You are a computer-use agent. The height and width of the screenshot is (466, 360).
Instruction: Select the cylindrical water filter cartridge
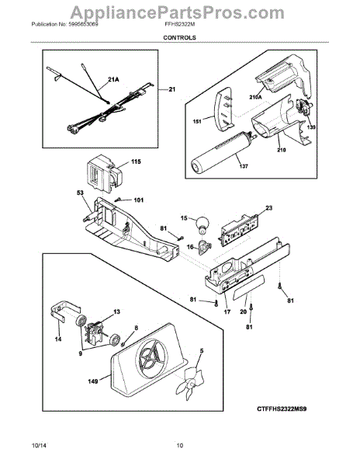point(220,153)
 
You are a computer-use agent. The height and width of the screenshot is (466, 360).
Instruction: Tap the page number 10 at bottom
point(179,445)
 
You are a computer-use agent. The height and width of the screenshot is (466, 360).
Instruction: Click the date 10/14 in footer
point(38,445)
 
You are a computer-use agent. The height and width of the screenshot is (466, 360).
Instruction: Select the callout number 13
point(117,311)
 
